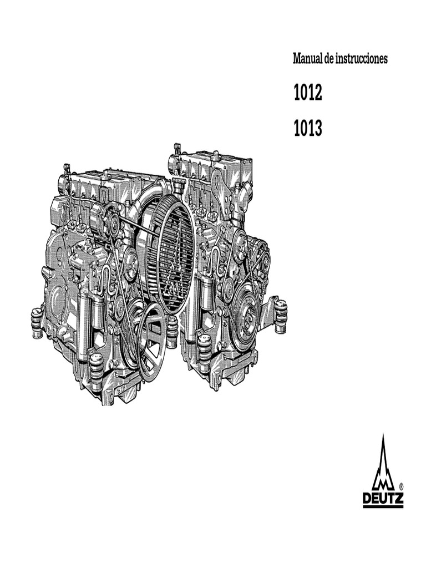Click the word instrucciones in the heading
[361, 59]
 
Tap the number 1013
[307, 129]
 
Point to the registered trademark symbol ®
[400, 486]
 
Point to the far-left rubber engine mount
[38, 322]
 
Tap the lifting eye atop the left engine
[67, 169]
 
